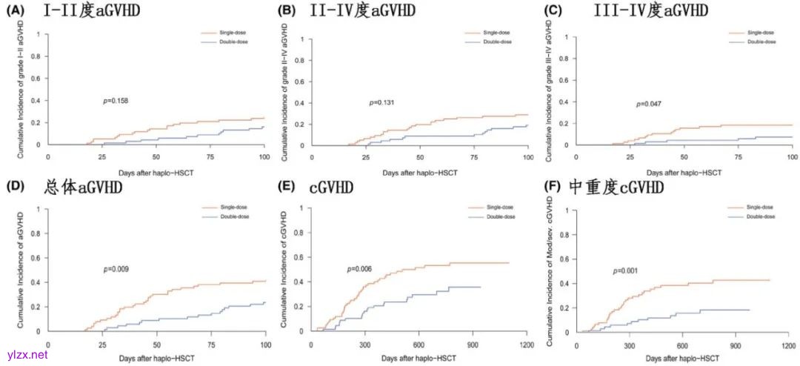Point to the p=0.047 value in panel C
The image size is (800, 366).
648,104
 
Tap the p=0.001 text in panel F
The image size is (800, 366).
626,271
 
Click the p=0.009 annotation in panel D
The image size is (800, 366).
116,269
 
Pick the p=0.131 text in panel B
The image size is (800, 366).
381,102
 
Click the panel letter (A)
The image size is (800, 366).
13,11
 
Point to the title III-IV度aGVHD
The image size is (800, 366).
650,11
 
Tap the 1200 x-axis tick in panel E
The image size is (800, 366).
525,345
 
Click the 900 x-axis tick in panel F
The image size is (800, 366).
736,345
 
